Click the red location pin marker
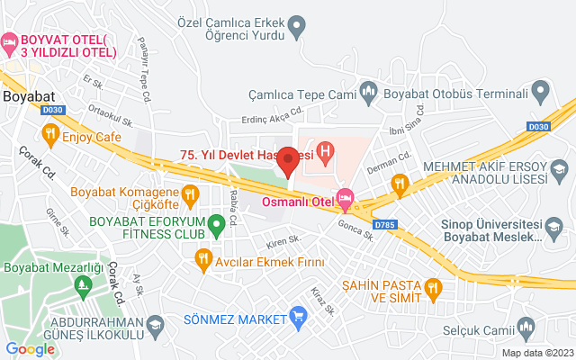tap(288, 159)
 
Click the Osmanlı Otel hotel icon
tap(344, 196)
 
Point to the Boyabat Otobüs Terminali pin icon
tap(540, 90)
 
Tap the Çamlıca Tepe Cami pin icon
tap(368, 90)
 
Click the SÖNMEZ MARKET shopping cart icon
tap(298, 315)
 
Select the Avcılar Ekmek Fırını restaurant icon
tap(203, 259)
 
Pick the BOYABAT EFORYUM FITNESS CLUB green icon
tap(215, 224)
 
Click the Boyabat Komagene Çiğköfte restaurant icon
tap(190, 193)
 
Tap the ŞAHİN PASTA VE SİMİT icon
tap(435, 288)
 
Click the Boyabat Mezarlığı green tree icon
tap(84, 286)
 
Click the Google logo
tap(30, 349)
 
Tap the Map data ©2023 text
tap(536, 353)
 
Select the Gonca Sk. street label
tap(355, 231)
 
